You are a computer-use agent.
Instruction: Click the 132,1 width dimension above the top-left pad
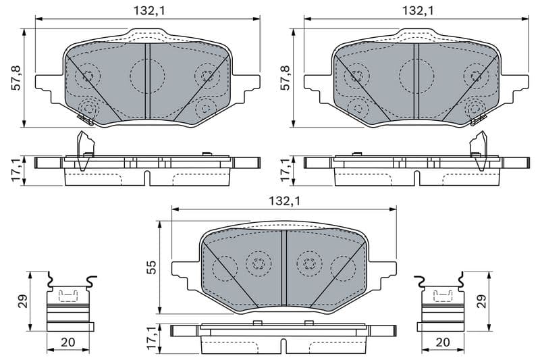pos(146,10)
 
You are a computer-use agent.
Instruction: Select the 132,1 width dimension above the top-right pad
pos(416,10)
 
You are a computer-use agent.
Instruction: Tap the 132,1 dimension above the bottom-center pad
pos(284,201)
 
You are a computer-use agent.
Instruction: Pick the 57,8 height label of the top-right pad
pos(285,78)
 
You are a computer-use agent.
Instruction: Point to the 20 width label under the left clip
pos(68,342)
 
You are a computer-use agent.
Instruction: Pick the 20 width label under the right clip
pos(442,342)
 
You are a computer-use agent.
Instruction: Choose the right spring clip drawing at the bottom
pos(441,304)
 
